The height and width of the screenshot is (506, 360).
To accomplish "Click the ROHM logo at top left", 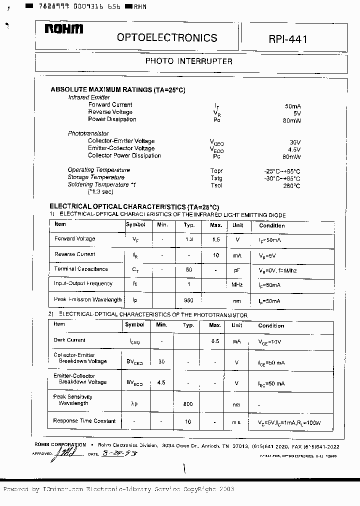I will click(x=63, y=30).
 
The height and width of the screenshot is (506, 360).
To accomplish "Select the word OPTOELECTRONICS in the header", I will click(x=167, y=38).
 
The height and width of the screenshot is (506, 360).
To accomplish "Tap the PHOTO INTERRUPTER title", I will click(x=188, y=61).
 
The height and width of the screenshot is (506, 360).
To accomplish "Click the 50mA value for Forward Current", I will click(x=292, y=106).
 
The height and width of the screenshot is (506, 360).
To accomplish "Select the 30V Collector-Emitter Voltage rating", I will click(x=295, y=142).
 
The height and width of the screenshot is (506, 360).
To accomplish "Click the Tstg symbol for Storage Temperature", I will click(x=216, y=178).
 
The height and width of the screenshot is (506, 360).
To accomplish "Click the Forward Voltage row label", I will click(x=74, y=239).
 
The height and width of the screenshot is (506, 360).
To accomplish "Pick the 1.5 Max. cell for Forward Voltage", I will click(x=216, y=240).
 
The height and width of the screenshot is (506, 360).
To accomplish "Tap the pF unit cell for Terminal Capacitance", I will click(x=237, y=270).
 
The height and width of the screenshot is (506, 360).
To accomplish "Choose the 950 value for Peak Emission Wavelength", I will click(x=189, y=301).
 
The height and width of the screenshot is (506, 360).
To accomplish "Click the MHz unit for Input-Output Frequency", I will click(x=237, y=285).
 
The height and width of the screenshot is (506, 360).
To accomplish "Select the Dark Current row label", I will click(x=69, y=340).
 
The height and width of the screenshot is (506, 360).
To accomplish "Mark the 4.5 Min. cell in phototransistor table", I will click(x=161, y=383).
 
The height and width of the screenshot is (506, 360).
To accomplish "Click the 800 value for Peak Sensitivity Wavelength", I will click(x=188, y=404).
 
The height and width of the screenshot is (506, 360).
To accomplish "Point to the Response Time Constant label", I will click(x=84, y=421).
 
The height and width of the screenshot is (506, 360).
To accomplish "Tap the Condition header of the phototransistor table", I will click(x=271, y=325).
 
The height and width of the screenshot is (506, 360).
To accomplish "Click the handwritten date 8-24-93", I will click(x=119, y=453).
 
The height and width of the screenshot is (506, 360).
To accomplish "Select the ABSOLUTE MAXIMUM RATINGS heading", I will click(x=117, y=90).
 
